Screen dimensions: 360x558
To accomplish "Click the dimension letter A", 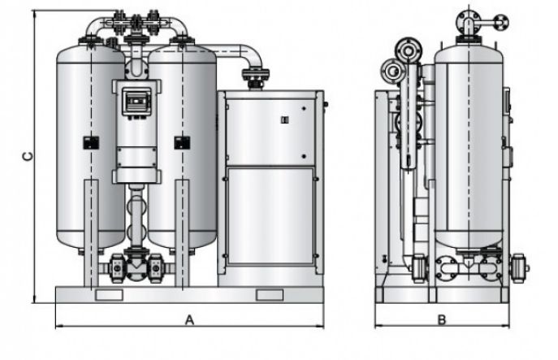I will pos(189,319).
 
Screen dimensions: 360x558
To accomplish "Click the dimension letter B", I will pos(442,319).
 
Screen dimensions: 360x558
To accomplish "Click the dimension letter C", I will pos(27,156).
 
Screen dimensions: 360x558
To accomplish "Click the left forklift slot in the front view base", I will pos(108,294).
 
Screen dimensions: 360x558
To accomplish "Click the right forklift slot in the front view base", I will pos(269,294).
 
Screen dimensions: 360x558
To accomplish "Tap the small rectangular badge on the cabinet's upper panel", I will pos(284,120).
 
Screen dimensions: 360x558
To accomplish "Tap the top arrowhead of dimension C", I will pos(35,15).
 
